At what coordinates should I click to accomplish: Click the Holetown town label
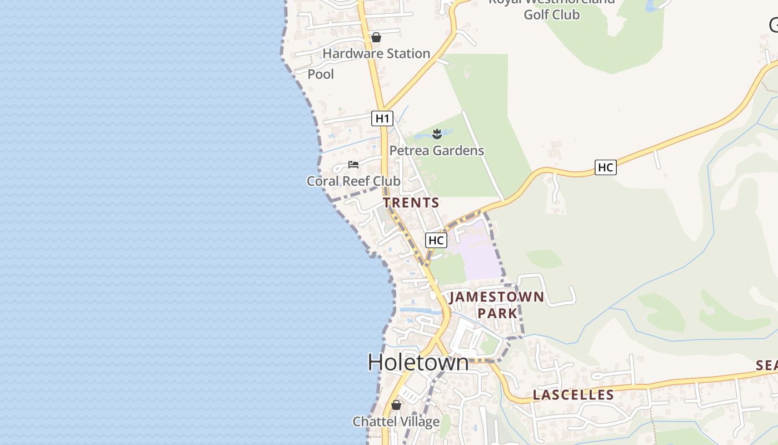click(x=418, y=362)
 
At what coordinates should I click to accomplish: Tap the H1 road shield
click(x=382, y=118)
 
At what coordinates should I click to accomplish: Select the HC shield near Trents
click(x=436, y=240)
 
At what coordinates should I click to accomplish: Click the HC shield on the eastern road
click(x=605, y=167)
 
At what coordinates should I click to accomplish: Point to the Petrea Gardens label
click(x=436, y=151)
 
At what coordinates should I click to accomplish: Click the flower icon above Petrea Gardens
click(x=437, y=133)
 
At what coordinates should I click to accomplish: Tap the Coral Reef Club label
click(x=353, y=181)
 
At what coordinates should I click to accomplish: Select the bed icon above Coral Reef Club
click(x=353, y=165)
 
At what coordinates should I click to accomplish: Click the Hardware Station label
click(x=376, y=54)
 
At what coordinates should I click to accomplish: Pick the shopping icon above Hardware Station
click(x=376, y=37)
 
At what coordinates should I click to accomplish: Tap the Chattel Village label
click(x=396, y=422)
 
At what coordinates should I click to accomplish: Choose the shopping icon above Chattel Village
click(x=396, y=405)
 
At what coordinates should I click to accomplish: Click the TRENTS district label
click(x=411, y=203)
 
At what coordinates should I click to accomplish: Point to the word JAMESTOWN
click(x=496, y=296)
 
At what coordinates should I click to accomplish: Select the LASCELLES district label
click(x=573, y=395)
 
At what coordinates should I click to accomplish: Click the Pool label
click(x=321, y=74)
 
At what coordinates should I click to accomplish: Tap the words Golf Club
click(x=551, y=14)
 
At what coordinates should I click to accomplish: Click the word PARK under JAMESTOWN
click(x=497, y=313)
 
